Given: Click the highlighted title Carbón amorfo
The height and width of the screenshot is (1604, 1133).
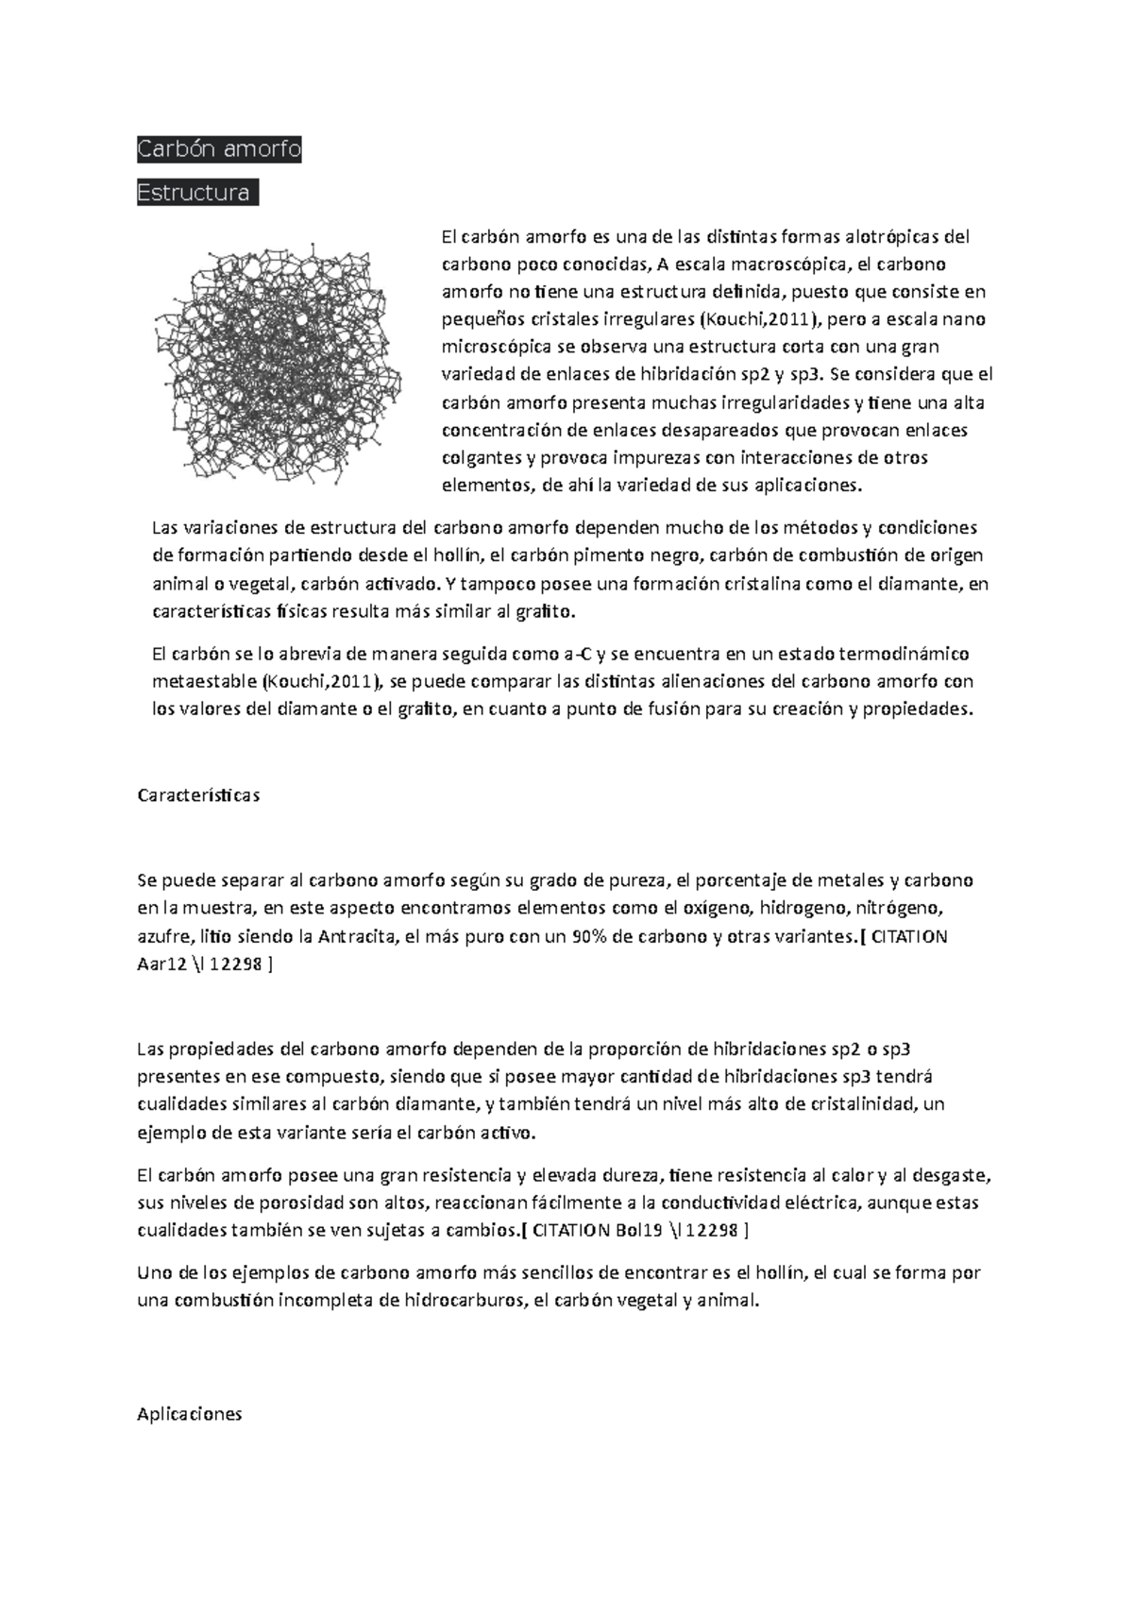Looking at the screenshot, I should point(219,149).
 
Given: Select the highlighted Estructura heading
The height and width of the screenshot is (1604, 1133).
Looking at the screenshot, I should point(196,194).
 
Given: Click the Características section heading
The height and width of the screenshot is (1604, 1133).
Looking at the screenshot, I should point(198,795).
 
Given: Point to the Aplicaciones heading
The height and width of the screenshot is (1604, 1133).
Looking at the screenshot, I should point(190,1414).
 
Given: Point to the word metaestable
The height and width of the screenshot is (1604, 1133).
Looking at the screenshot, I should point(205,681).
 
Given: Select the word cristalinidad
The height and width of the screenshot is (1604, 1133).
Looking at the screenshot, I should point(854,1104).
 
